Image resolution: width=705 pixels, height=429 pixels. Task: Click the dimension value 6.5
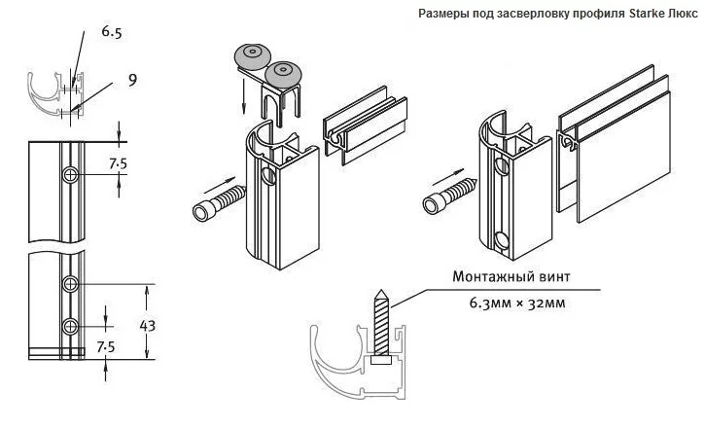(112, 33)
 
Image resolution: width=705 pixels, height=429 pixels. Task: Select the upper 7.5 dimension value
(117, 162)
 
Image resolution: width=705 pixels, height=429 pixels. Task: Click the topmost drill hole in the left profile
(71, 175)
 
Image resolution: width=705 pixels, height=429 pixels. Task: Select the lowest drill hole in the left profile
(70, 325)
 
